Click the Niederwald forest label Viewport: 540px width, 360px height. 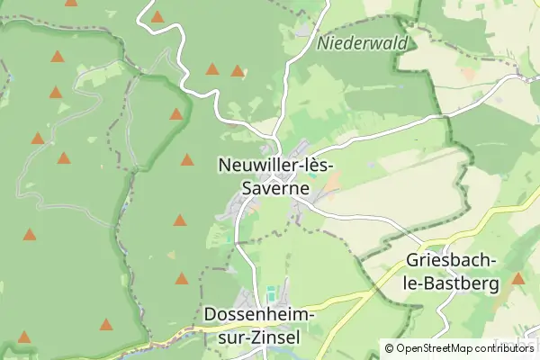tap(363, 42)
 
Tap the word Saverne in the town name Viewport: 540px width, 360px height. tap(276, 189)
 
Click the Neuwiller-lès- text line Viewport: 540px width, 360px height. tap(276, 166)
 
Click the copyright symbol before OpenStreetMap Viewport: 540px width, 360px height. tap(390, 347)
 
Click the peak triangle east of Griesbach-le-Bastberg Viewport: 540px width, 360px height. tap(518, 278)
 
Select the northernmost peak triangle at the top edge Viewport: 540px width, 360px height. tap(157, 16)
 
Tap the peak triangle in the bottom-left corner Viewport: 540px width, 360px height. tap(24, 337)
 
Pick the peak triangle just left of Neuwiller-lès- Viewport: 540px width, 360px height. tap(187, 159)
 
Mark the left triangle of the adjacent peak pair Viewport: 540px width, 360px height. tap(212, 68)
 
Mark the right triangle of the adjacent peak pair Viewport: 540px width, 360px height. tap(238, 70)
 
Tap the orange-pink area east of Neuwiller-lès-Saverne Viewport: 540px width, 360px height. tap(331, 184)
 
